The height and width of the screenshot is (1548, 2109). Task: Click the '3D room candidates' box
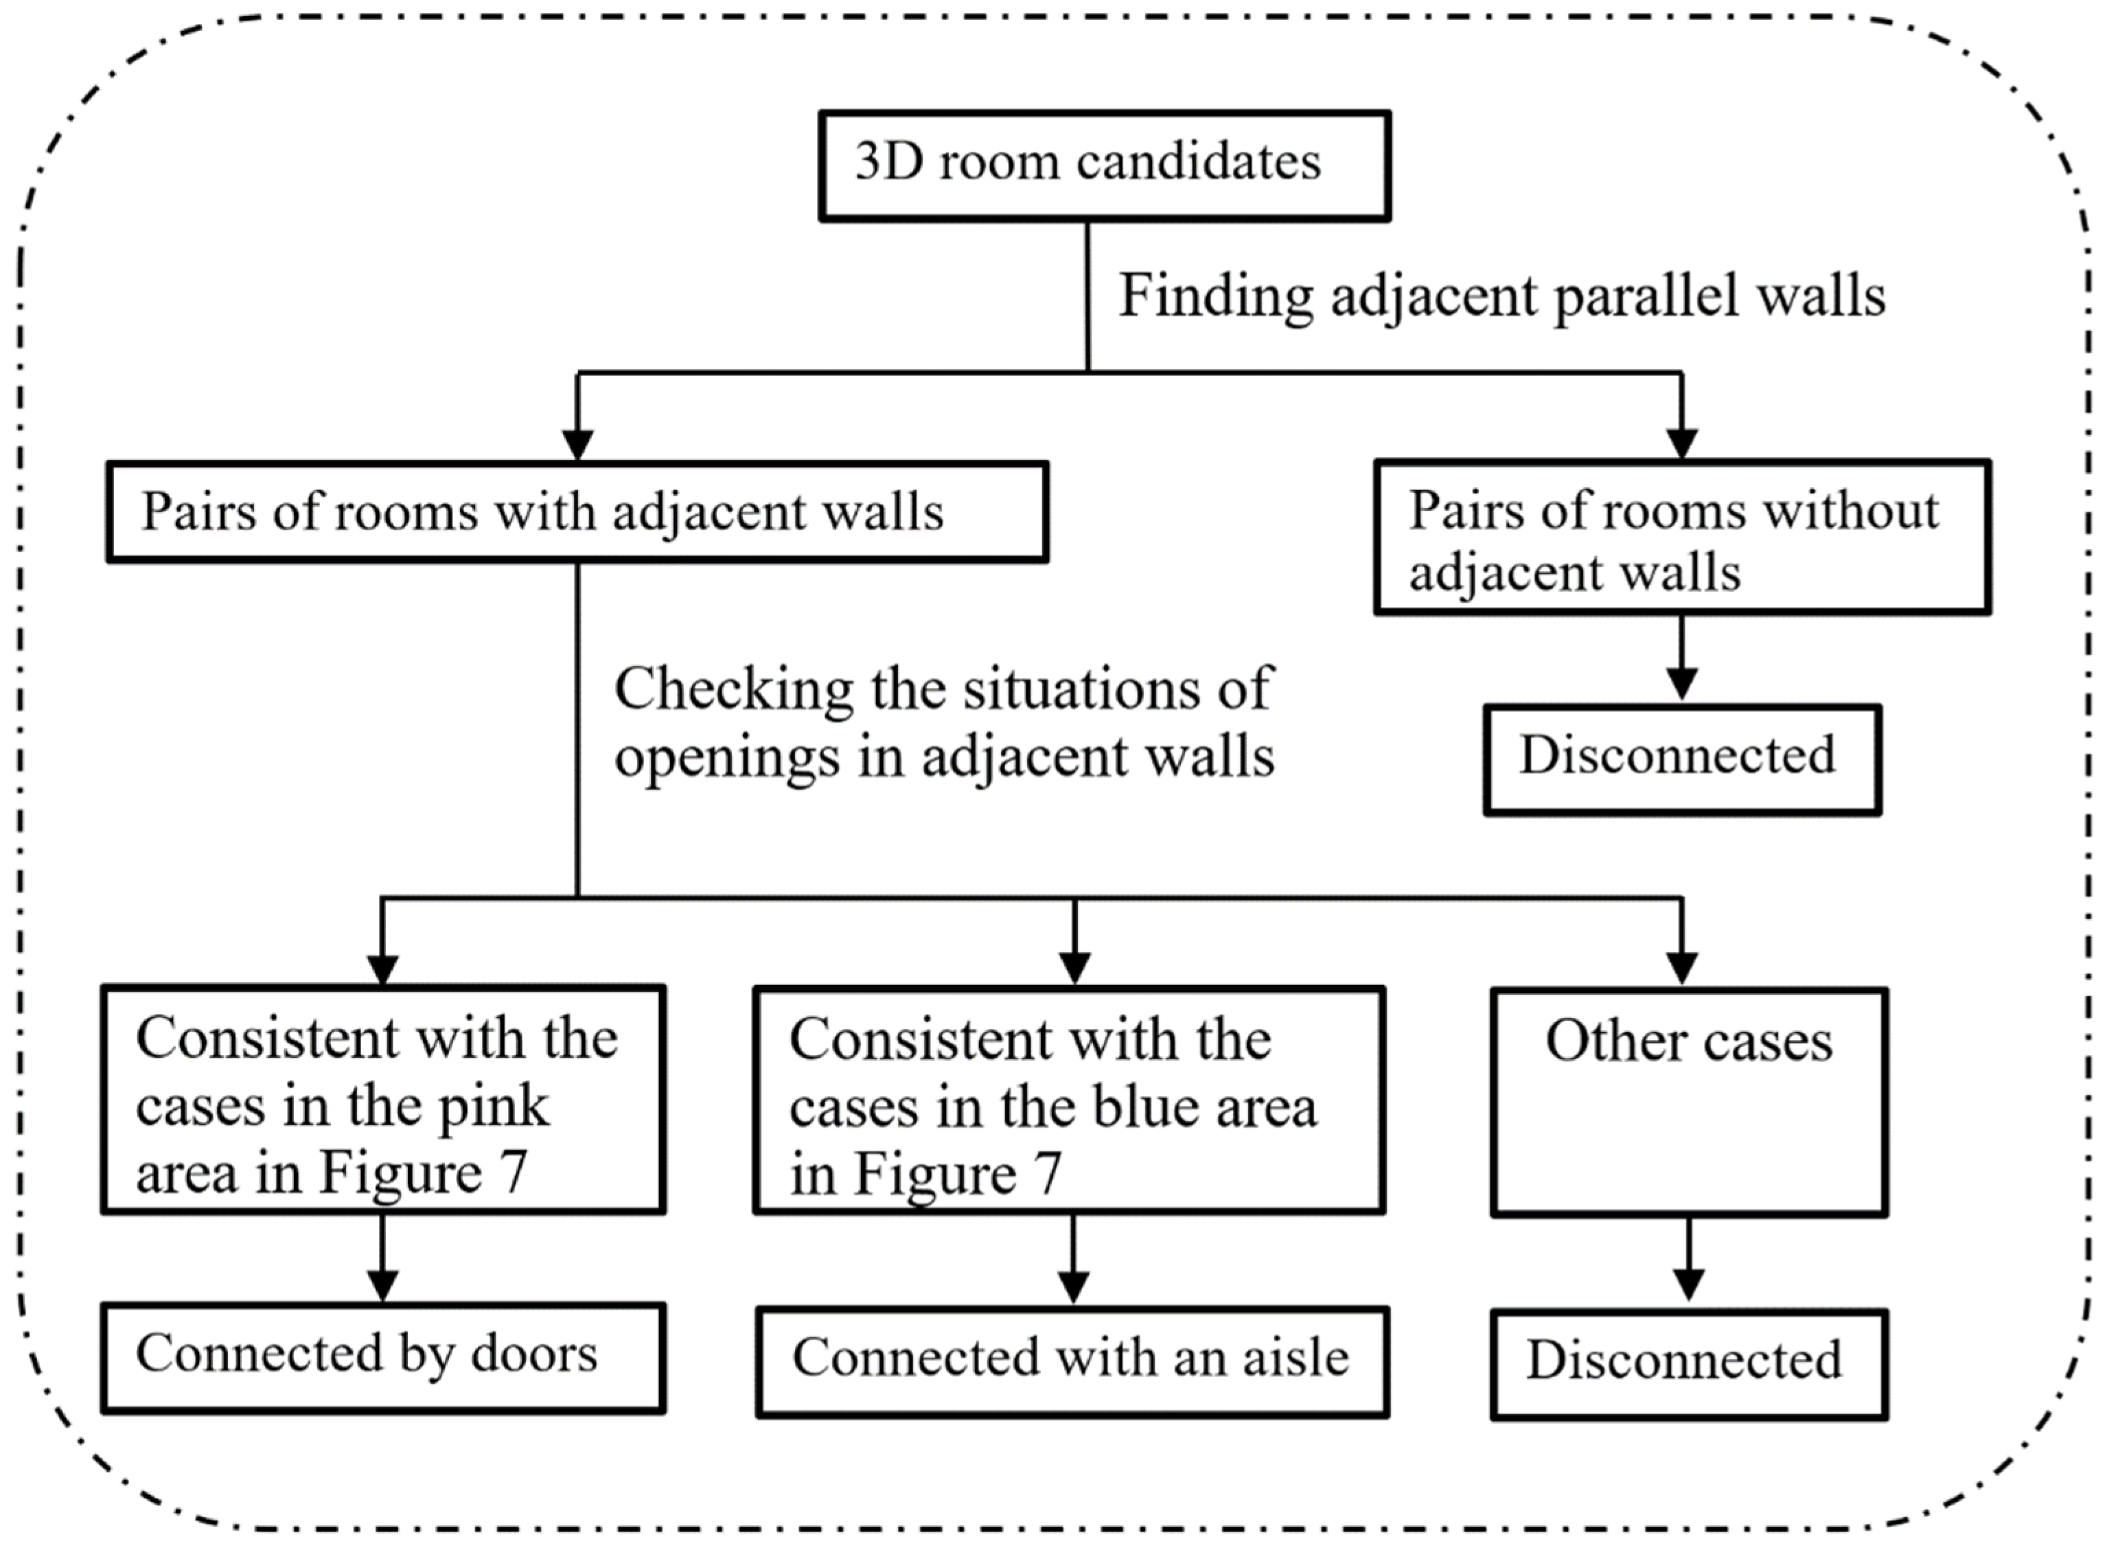[1104, 166]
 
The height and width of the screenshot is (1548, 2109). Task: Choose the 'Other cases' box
[1688, 1102]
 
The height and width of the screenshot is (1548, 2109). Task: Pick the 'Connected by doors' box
[383, 1357]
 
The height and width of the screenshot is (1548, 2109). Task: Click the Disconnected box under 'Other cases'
[1688, 1363]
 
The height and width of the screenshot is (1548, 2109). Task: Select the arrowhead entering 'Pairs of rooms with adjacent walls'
[577, 444]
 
